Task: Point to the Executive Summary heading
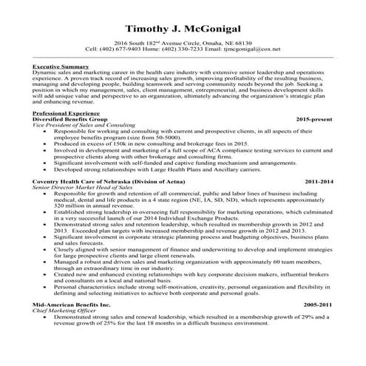tap(61, 67)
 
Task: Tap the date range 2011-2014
tap(319, 180)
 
